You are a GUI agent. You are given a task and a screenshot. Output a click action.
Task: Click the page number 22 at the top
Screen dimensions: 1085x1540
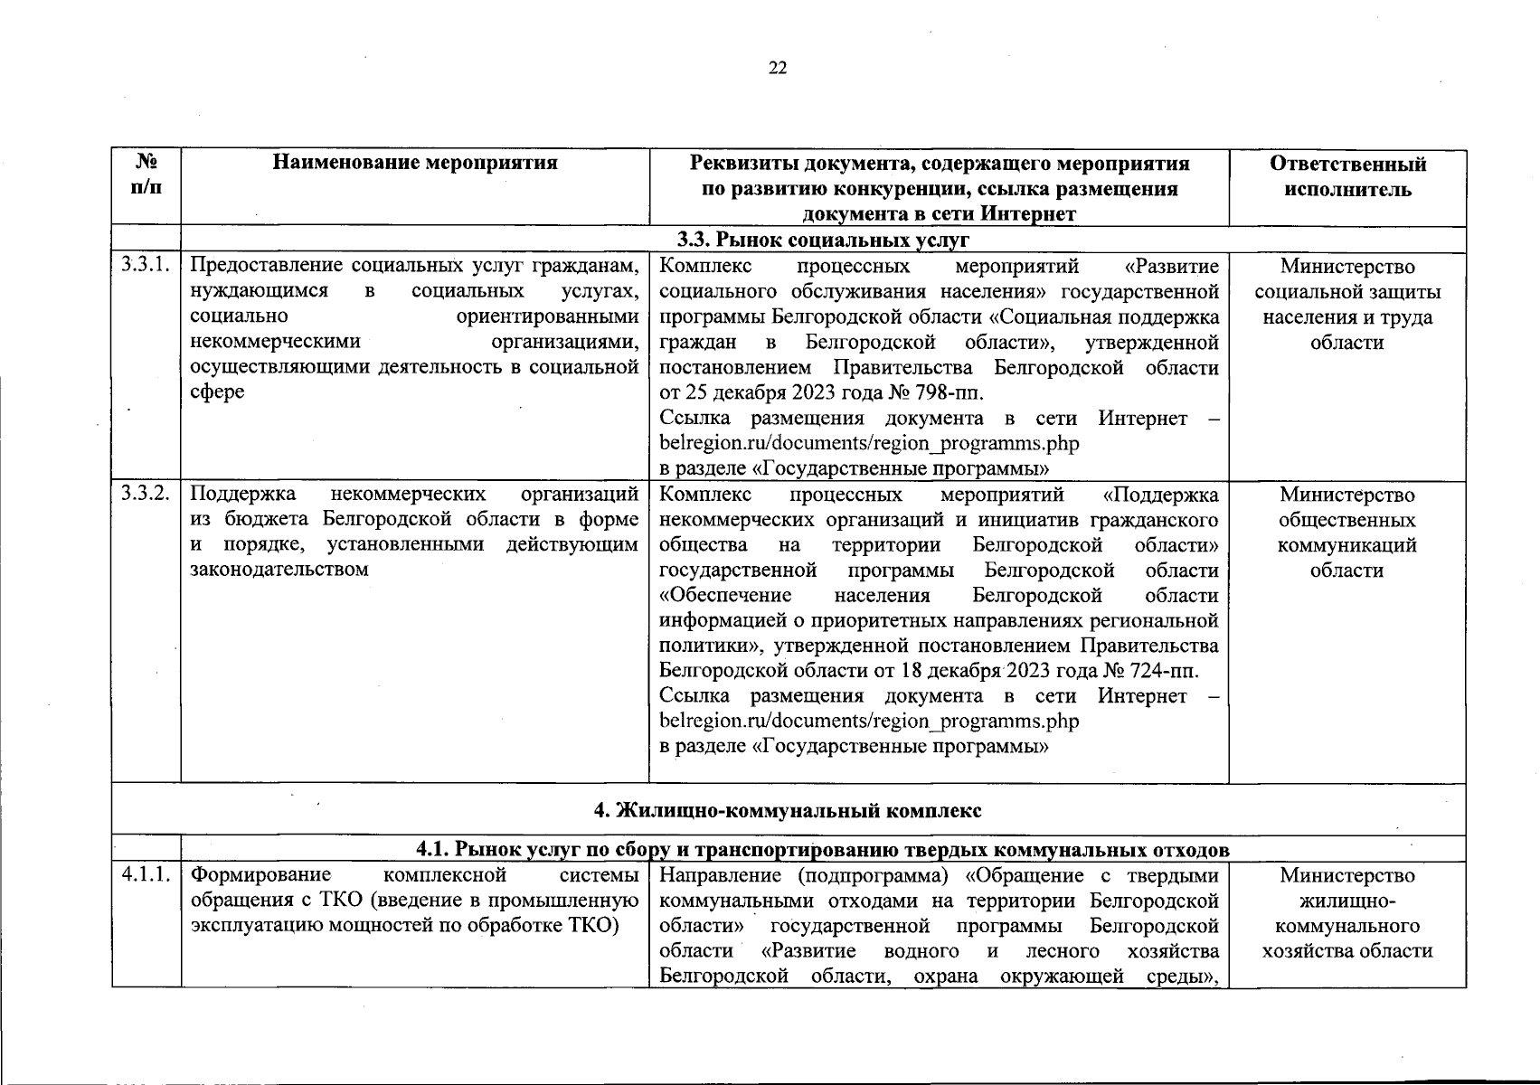pos(777,69)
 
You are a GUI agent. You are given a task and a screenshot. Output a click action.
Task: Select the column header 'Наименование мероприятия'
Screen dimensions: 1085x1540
pos(415,163)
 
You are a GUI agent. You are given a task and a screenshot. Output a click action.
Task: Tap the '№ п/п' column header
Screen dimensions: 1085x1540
pos(146,175)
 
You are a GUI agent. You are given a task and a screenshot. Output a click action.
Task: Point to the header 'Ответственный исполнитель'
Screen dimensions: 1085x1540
pos(1347,176)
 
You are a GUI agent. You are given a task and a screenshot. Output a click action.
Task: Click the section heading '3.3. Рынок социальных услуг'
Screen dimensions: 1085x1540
pos(824,240)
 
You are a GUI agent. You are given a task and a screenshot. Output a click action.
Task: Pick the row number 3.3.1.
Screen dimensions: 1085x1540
pos(146,266)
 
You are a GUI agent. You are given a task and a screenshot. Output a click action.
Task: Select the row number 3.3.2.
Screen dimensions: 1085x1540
pos(146,495)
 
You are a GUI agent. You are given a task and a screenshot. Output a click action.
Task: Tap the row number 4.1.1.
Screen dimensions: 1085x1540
pos(146,875)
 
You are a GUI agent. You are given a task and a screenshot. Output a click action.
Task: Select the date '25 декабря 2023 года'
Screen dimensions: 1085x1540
pos(779,393)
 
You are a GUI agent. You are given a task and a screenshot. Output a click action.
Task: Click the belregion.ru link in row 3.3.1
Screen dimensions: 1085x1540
pos(869,444)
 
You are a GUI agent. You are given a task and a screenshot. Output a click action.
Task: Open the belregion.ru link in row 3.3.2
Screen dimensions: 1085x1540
pos(869,722)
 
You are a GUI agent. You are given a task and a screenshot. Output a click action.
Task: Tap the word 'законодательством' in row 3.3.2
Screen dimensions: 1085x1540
pos(279,571)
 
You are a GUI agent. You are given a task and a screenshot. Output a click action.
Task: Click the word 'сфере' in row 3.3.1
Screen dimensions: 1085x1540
pos(217,393)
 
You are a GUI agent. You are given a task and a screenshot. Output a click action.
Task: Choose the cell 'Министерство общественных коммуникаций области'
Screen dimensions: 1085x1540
pos(1347,533)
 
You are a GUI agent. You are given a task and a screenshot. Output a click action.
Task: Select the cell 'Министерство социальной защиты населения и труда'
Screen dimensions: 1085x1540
pos(1347,305)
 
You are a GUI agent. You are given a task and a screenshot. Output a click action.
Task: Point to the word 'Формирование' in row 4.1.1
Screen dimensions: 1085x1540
pos(261,875)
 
